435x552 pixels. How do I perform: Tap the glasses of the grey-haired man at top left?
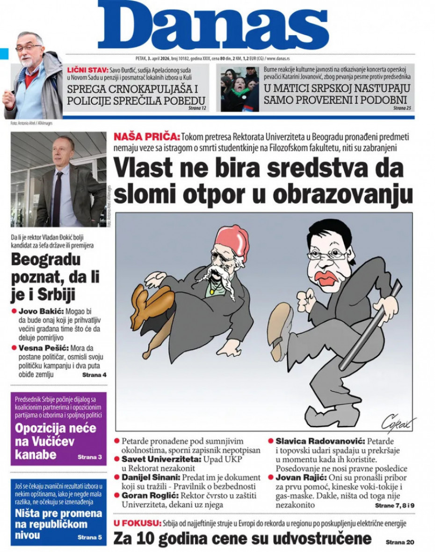point(28,48)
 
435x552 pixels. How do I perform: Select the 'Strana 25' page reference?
point(402,108)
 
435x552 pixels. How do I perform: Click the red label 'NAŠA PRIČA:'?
point(146,137)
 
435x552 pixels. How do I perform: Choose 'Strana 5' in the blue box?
point(89,537)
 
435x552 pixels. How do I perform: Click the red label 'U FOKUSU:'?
point(137,523)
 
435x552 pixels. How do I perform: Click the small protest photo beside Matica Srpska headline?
point(239,89)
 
